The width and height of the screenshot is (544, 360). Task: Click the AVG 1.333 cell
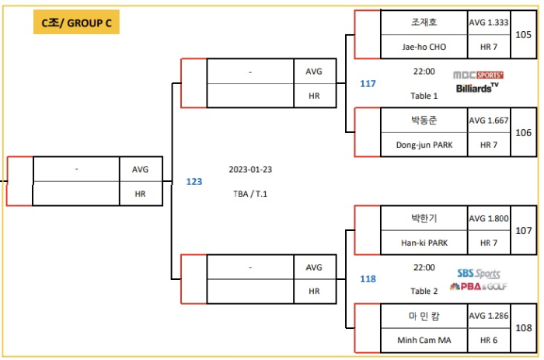[489, 23]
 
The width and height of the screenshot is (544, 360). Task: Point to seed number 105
[524, 35]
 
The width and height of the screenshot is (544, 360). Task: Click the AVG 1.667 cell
[489, 121]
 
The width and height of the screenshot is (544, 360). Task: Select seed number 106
[524, 133]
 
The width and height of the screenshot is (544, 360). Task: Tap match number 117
[368, 83]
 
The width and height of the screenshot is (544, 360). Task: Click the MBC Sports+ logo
[478, 75]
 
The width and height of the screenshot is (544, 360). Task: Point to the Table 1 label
[424, 96]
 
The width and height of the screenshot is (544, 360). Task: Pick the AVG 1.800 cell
[489, 218]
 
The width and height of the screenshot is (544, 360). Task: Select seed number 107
[524, 231]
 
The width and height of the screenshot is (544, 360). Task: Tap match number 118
[368, 278]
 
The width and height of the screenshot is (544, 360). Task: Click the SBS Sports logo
[479, 274]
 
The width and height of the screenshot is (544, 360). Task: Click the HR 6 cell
[489, 341]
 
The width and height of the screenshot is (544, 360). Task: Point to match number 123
[194, 181]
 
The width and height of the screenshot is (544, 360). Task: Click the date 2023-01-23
[249, 169]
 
